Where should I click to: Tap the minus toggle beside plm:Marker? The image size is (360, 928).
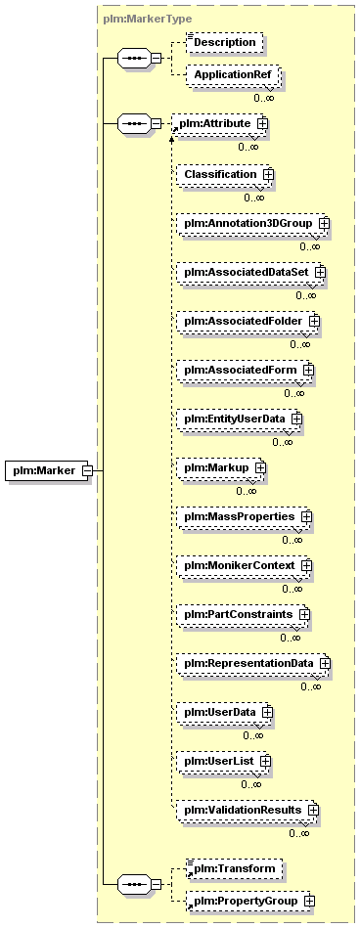tap(86, 470)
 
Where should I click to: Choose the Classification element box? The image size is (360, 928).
tap(224, 175)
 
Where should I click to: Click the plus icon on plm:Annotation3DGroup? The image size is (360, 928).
tap(323, 223)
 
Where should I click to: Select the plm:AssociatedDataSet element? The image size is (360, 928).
tap(251, 272)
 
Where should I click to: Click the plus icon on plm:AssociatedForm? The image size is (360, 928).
tap(308, 370)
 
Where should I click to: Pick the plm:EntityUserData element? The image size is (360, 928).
tap(240, 419)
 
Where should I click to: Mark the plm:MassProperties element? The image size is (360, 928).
tap(245, 516)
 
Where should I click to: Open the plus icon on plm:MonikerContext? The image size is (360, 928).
tap(306, 565)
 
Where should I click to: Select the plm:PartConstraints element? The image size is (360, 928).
tap(244, 614)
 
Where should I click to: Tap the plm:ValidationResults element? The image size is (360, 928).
tap(248, 809)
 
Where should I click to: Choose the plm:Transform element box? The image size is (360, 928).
tap(233, 868)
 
